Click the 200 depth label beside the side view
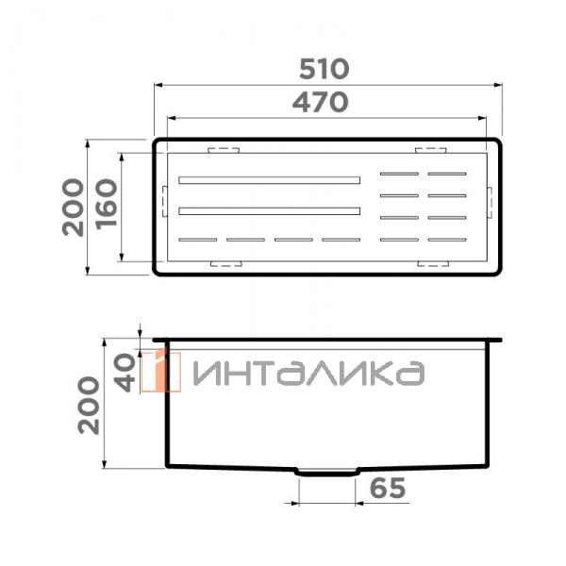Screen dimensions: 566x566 [89, 404]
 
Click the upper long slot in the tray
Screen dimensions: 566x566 [270, 179]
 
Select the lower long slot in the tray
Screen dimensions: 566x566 [270, 209]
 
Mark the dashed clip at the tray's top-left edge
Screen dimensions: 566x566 [224, 149]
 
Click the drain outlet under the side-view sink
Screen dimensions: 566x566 [326, 471]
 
